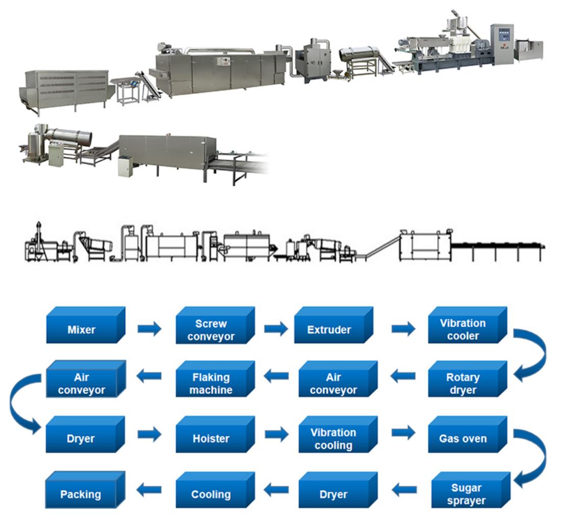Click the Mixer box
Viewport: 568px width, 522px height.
pos(82,330)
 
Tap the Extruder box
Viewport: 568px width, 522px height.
pos(329,330)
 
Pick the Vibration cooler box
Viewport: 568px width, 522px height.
pos(463,330)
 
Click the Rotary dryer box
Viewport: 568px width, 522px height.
pos(463,384)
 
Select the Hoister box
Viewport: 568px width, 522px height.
pos(211,438)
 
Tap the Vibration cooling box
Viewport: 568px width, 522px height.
pos(333,438)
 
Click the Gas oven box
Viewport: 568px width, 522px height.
pos(463,438)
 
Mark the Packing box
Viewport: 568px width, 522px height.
pos(81,494)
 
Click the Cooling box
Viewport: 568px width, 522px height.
pos(211,494)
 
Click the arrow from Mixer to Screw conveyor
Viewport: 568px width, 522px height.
pos(149,330)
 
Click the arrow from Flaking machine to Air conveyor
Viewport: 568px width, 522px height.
pos(149,377)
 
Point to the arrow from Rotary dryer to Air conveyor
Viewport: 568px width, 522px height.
pos(403,377)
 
